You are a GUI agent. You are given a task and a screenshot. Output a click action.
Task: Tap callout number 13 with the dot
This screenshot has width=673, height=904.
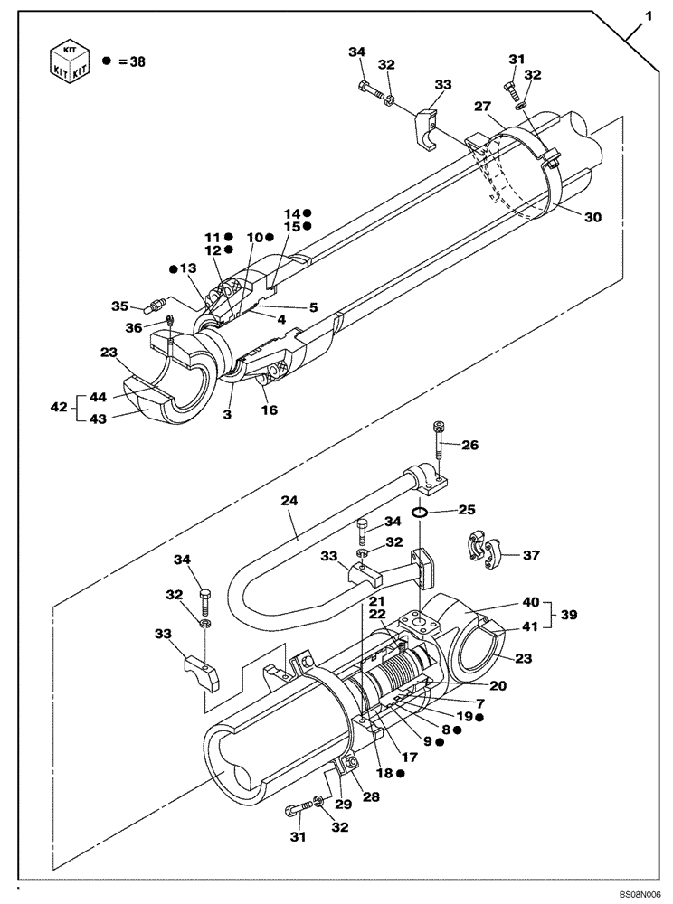tap(187, 269)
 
